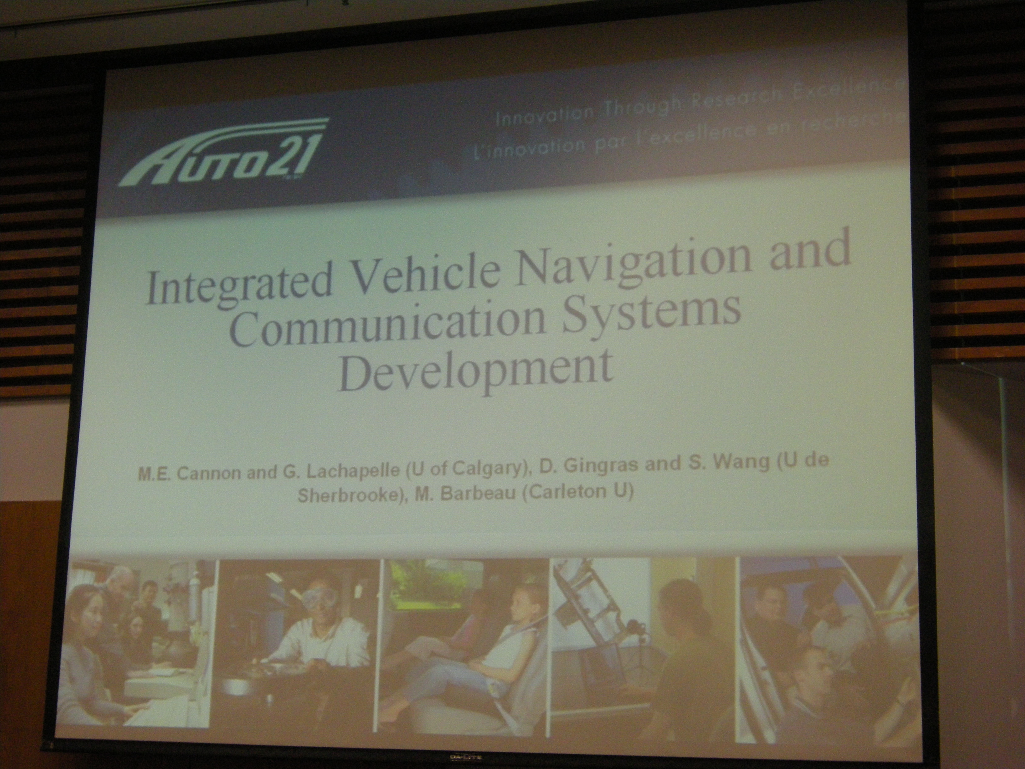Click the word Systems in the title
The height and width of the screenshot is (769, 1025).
tap(654, 318)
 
